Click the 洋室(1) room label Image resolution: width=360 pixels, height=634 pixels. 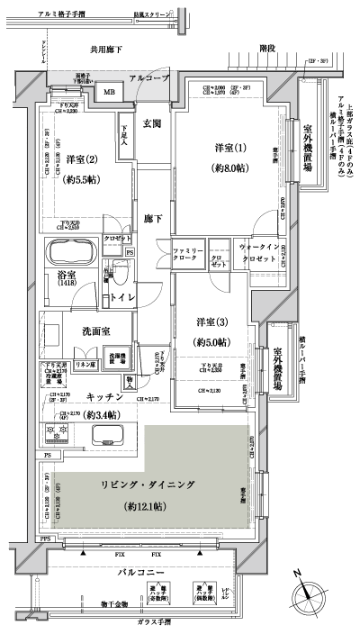pos(225,147)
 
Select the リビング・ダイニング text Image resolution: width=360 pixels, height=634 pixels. pos(147,485)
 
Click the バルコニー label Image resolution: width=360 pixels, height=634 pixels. pos(142,572)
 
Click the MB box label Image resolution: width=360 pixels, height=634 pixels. pos(109,92)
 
